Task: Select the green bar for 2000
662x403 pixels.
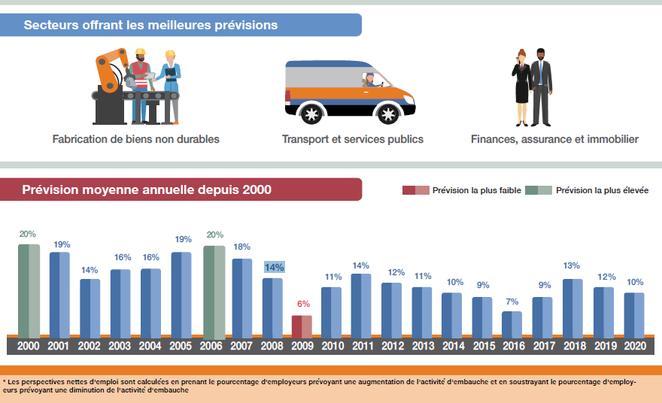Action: [29, 290]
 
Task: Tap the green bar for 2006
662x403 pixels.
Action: [214, 291]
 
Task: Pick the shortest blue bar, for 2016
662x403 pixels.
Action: [512, 323]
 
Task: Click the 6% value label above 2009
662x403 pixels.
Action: [303, 304]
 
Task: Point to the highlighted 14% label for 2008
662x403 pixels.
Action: [274, 267]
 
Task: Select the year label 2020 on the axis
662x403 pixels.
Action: [634, 346]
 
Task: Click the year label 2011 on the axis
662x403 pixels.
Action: [362, 346]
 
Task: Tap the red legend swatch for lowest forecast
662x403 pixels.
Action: [415, 190]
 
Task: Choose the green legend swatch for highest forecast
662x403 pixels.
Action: [538, 190]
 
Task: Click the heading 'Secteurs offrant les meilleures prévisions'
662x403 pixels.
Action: [150, 26]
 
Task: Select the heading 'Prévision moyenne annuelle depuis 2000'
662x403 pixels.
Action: [147, 189]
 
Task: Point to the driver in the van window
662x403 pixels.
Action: [370, 79]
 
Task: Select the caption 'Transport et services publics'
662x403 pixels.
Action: [352, 139]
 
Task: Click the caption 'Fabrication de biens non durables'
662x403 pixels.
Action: [136, 139]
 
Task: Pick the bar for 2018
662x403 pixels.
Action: [572, 308]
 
